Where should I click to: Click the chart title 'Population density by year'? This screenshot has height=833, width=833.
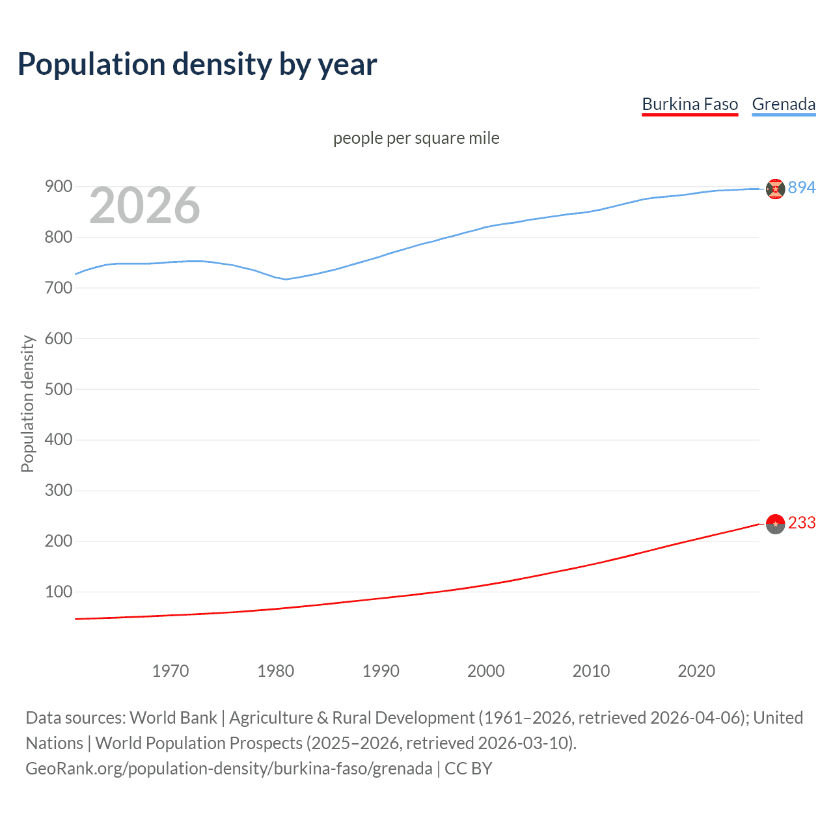197,64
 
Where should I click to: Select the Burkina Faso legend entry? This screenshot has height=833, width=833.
690,105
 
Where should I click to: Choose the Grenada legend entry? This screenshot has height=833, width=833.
784,105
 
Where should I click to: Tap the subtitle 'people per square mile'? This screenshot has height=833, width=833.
416,139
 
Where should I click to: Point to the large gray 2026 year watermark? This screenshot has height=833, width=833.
144,206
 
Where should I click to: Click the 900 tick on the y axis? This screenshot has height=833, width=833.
58,187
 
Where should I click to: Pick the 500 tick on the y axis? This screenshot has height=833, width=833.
58,389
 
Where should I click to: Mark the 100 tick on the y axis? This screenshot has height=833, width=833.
58,592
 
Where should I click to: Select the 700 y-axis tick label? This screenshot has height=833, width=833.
58,288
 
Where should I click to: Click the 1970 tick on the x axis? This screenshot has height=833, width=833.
171,671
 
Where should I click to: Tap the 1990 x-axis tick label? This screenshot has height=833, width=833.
381,671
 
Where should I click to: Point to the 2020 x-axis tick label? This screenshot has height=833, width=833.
696,671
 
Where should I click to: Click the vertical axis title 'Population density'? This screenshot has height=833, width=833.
27,403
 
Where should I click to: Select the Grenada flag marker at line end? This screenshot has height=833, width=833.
775,189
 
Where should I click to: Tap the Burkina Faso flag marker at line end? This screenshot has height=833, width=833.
775,524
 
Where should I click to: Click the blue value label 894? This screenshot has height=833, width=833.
802,188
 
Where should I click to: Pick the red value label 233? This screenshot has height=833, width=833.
802,523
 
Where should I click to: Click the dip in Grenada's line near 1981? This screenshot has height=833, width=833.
285,279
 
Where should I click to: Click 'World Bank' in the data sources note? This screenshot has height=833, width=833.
173,718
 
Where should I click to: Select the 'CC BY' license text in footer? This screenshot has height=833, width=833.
469,769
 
